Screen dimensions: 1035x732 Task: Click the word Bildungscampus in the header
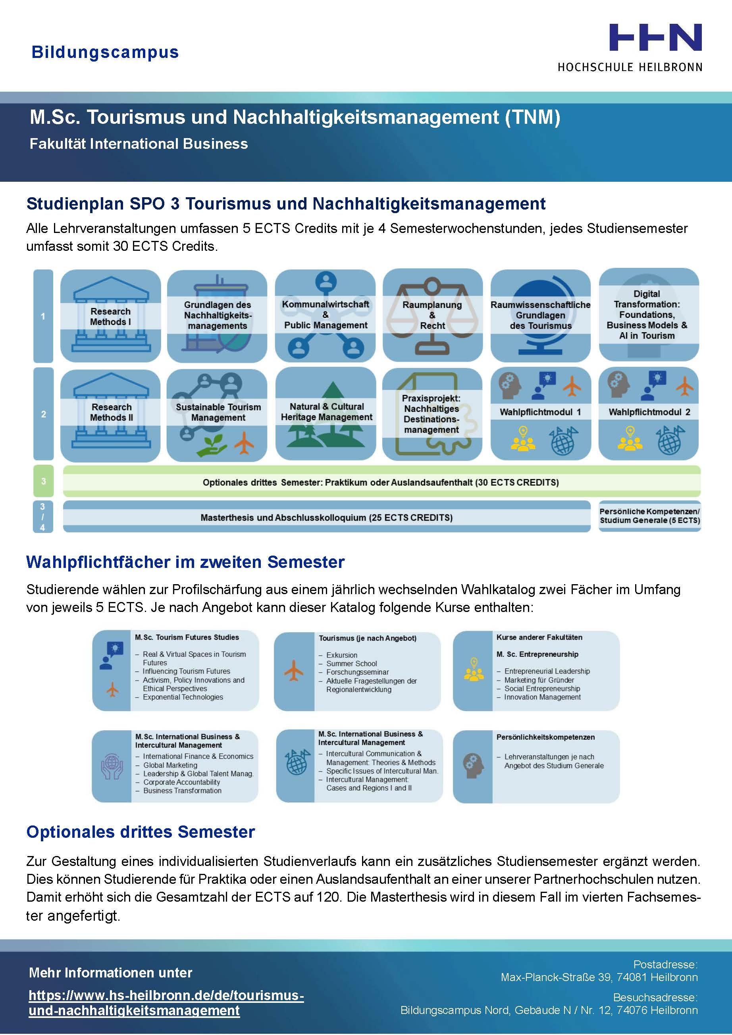click(105, 52)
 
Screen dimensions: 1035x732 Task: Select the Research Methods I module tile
click(110, 316)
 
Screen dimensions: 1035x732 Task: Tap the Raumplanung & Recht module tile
click(432, 315)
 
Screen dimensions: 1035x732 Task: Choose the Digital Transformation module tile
click(648, 315)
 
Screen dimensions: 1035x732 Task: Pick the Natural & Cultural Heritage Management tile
click(326, 412)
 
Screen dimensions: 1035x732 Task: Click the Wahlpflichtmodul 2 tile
click(649, 412)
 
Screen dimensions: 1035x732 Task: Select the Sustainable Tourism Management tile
click(218, 412)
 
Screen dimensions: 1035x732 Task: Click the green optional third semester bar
click(381, 482)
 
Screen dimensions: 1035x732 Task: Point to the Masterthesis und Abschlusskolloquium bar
click(327, 517)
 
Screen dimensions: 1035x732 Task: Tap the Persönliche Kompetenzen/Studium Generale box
click(649, 516)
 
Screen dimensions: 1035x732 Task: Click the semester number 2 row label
click(43, 414)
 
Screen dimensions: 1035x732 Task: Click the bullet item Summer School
click(351, 664)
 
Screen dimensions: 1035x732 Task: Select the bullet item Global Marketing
click(170, 765)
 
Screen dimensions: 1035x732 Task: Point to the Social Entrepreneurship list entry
click(542, 689)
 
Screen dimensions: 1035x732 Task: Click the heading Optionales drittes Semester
click(141, 832)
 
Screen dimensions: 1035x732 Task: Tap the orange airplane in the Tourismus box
click(294, 670)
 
